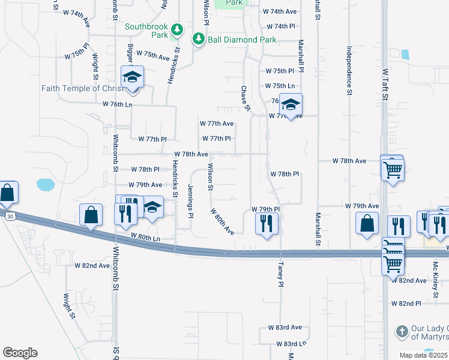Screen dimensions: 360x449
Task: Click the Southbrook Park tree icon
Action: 176,29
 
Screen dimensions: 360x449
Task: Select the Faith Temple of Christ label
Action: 83,88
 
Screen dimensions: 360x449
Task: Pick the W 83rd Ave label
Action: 285,328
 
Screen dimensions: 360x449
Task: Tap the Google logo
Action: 20,353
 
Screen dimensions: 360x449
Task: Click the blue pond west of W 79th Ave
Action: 46,184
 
